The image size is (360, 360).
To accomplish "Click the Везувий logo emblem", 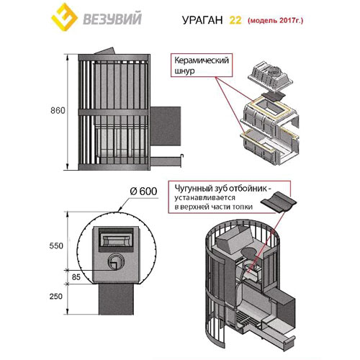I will (59, 19).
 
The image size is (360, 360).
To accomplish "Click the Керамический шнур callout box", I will (202, 68).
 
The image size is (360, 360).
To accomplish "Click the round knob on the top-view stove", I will (114, 261).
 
